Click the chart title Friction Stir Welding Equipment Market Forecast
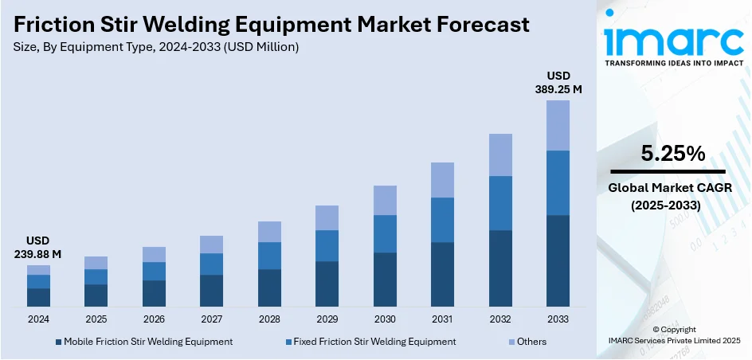coord(272,25)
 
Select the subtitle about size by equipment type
coord(156,47)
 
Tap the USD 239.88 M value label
coord(38,247)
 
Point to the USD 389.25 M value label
coord(558,83)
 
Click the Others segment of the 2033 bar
coord(558,125)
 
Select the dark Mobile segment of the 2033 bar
coord(558,260)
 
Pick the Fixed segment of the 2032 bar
coord(500,202)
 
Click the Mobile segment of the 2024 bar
coord(38,297)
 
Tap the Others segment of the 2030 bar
coord(385,200)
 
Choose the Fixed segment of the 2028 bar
coord(269,256)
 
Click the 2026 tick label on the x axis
coord(154,319)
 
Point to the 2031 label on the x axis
coord(442,319)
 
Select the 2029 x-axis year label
coord(327,319)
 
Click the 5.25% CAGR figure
coord(668,154)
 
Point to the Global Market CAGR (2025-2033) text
coord(668,196)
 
